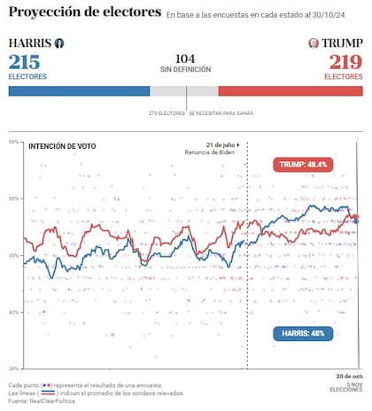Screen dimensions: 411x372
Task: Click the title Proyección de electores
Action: pos(85,12)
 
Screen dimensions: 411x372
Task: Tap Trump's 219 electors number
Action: pos(345,62)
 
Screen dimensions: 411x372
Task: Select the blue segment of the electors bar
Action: pos(78,90)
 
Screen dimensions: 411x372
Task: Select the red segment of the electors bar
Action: pos(291,90)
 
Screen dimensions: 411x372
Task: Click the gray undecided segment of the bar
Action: pos(183,90)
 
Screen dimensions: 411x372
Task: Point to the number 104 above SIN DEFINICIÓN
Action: pos(185,57)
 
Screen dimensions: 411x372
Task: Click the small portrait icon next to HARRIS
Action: pos(58,43)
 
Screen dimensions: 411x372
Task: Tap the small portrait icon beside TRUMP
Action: pos(313,43)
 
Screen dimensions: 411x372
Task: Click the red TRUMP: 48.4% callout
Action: pos(303,165)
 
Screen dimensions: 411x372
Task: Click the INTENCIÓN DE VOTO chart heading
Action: pos(62,146)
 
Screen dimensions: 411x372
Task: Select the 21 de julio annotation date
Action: pos(222,143)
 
